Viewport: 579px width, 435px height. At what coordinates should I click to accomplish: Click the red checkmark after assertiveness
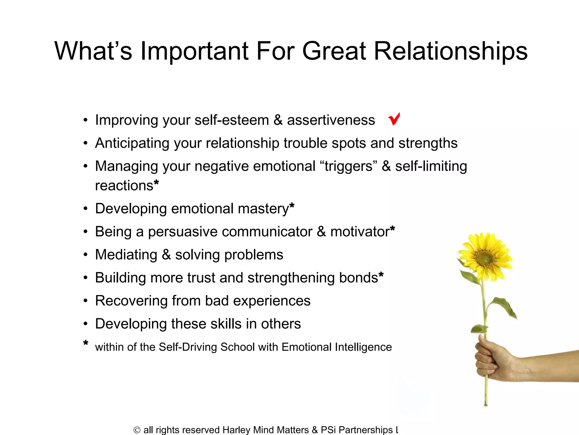coord(394,119)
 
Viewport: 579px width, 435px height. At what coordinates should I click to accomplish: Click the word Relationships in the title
coord(451,51)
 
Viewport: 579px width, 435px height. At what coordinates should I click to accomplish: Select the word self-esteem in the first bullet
coord(232,120)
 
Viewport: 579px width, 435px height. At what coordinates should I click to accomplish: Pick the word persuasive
coord(183,232)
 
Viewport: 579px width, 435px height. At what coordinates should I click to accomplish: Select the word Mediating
coord(126,255)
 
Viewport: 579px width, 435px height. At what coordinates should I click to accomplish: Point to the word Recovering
coord(131,301)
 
